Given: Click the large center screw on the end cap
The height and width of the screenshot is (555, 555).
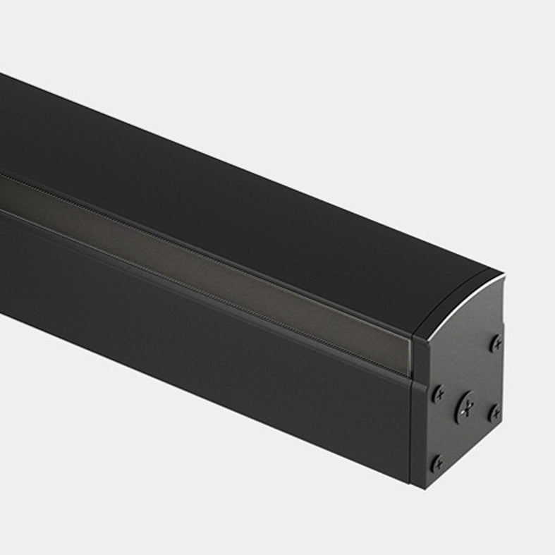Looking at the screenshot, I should click(x=465, y=406).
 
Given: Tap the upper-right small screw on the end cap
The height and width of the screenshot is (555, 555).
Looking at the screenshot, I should click(x=496, y=343).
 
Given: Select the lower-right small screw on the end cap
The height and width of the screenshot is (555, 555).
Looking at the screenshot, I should click(x=494, y=413).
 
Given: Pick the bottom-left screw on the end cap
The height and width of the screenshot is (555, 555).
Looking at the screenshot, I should click(x=437, y=463).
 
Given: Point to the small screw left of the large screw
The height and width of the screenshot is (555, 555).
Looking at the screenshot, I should click(x=438, y=395).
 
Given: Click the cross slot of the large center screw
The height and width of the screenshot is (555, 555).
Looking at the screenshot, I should click(x=465, y=406).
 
